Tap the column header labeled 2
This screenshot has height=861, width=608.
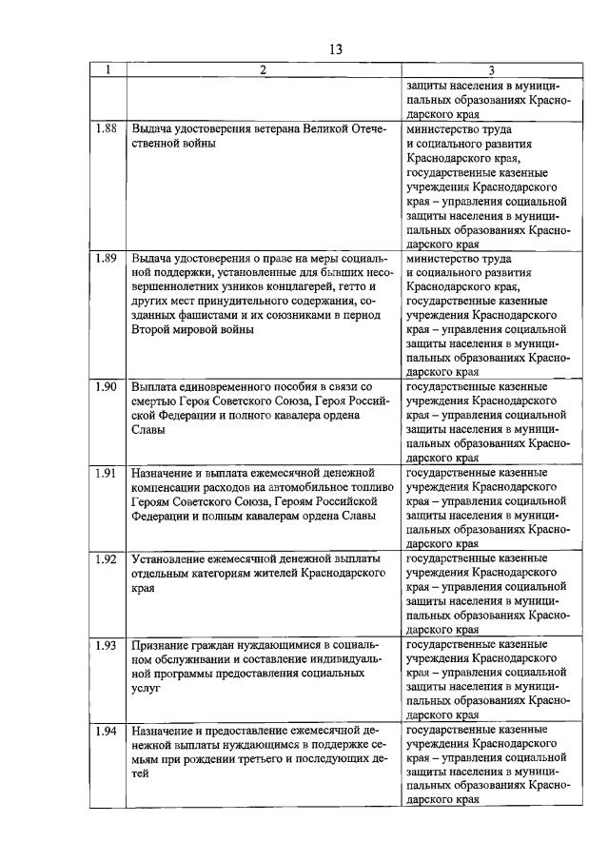click(x=263, y=69)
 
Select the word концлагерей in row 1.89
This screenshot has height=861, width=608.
click(x=305, y=286)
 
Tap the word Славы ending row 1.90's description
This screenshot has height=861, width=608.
click(x=148, y=430)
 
